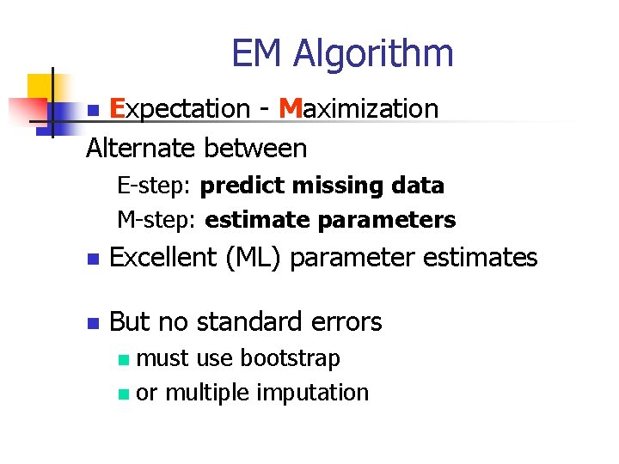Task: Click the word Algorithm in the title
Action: (372, 53)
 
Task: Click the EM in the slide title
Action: (257, 53)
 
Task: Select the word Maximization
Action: (359, 109)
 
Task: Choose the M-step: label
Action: (158, 220)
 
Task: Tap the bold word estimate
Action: (259, 220)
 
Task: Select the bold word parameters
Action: (387, 221)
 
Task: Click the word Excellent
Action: (163, 257)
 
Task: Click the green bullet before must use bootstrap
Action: (125, 359)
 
